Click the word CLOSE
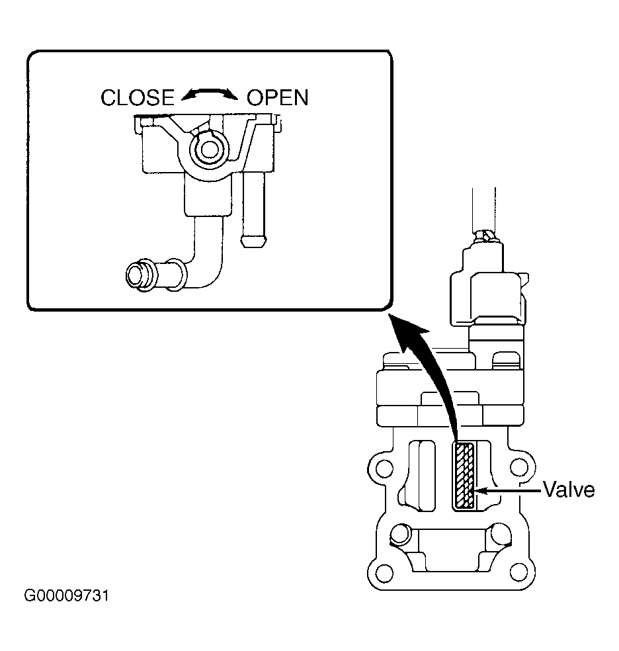point(138,98)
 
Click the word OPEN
point(278,98)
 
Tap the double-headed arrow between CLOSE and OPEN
point(210,93)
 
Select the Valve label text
point(569,490)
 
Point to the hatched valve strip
point(465,476)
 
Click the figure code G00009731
point(66,596)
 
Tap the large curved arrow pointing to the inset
point(431,374)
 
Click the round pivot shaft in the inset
point(209,150)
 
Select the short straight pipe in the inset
point(253,210)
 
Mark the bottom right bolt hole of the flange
point(518,572)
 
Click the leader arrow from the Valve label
point(508,491)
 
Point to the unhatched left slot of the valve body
point(422,476)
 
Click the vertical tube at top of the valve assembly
point(483,210)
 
